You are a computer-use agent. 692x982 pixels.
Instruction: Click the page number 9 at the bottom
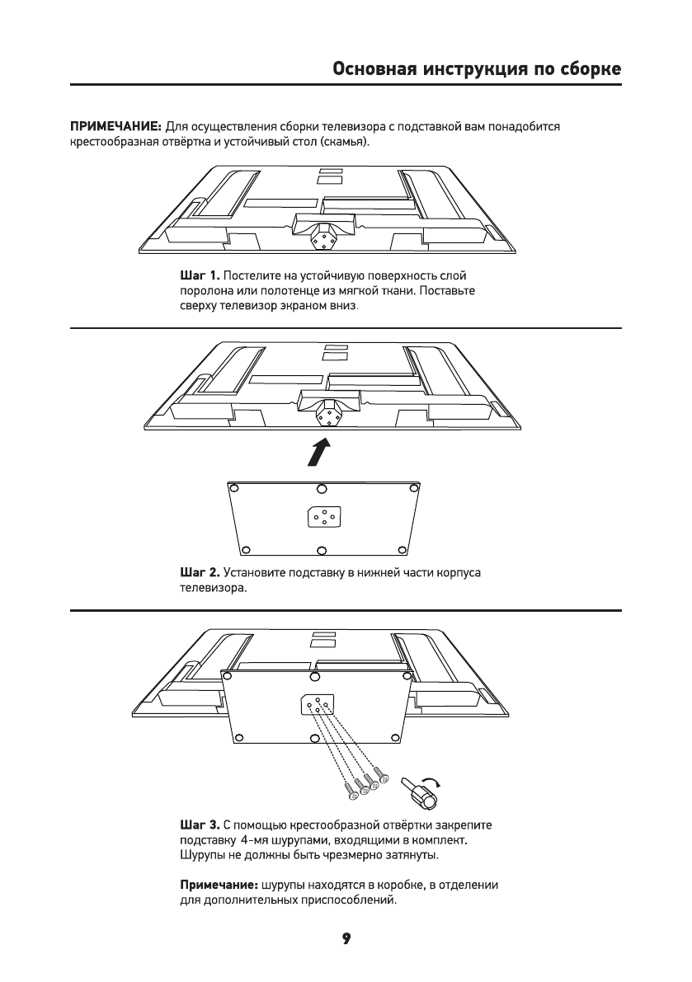pos(346,938)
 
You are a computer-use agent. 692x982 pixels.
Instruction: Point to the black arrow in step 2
pos(320,451)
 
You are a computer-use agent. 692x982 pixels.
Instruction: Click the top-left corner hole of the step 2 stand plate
pos(244,486)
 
